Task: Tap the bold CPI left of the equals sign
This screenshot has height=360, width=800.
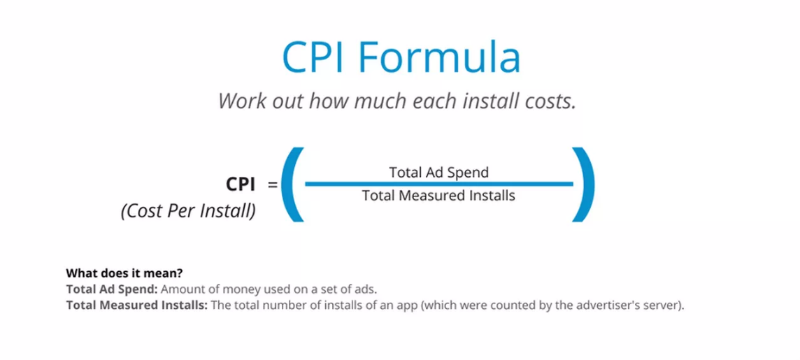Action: (241, 184)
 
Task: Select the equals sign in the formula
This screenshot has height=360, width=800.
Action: (273, 185)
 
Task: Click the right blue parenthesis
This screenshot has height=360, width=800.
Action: (583, 184)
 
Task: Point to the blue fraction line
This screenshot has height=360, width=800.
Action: (438, 184)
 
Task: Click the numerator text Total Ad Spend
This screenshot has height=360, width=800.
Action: (438, 173)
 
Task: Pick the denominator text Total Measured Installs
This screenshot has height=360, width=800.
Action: (438, 195)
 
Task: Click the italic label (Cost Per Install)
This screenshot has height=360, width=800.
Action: (188, 211)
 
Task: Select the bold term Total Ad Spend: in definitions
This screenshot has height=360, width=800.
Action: (113, 289)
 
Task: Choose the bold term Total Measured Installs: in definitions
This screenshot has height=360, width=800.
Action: (137, 306)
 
